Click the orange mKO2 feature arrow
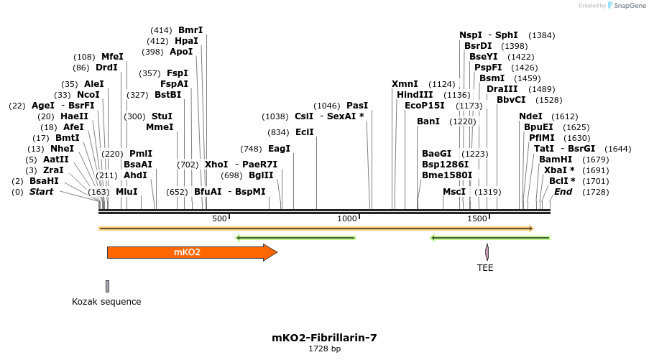pos(191,252)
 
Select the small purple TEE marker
pos(487,252)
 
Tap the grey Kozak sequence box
pos(107,286)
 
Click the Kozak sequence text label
pos(106,302)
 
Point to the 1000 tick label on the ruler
pos(347,218)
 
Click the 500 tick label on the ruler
pos(219,218)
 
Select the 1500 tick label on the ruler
pos(477,218)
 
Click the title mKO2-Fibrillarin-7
pos(324,337)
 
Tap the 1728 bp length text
pos(324,349)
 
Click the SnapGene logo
pos(624,6)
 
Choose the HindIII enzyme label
pos(415,95)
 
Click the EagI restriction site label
pos(279,149)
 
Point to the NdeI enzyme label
pos(530,116)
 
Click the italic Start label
pos(41,192)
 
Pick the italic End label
pos(563,192)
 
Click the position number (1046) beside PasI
pos(327,106)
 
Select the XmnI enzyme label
pos(405,84)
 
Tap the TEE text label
pos(486,268)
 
